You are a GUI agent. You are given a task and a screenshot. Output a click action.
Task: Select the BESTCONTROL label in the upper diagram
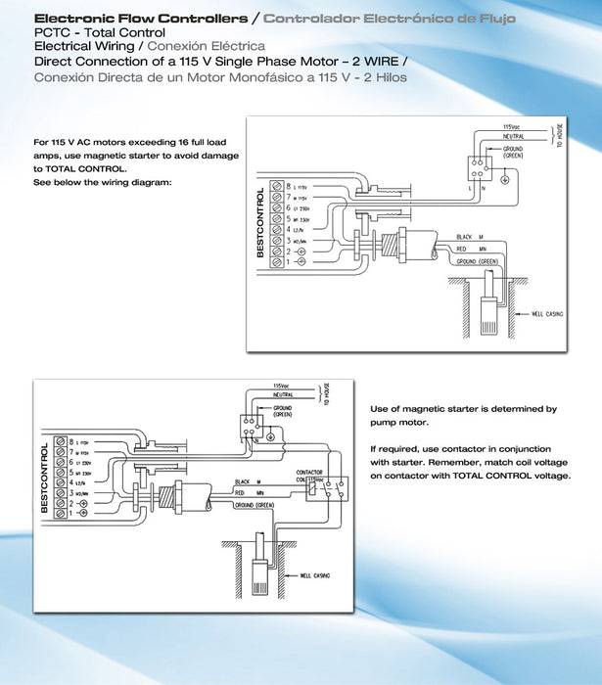click(x=261, y=222)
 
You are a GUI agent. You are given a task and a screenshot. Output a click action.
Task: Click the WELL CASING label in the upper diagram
click(x=551, y=315)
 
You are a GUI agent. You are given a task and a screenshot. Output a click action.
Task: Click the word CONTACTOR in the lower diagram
click(x=309, y=472)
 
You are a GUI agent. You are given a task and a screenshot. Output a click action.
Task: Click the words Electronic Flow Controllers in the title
click(x=140, y=19)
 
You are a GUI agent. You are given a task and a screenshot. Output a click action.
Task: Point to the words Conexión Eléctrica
click(x=206, y=46)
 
